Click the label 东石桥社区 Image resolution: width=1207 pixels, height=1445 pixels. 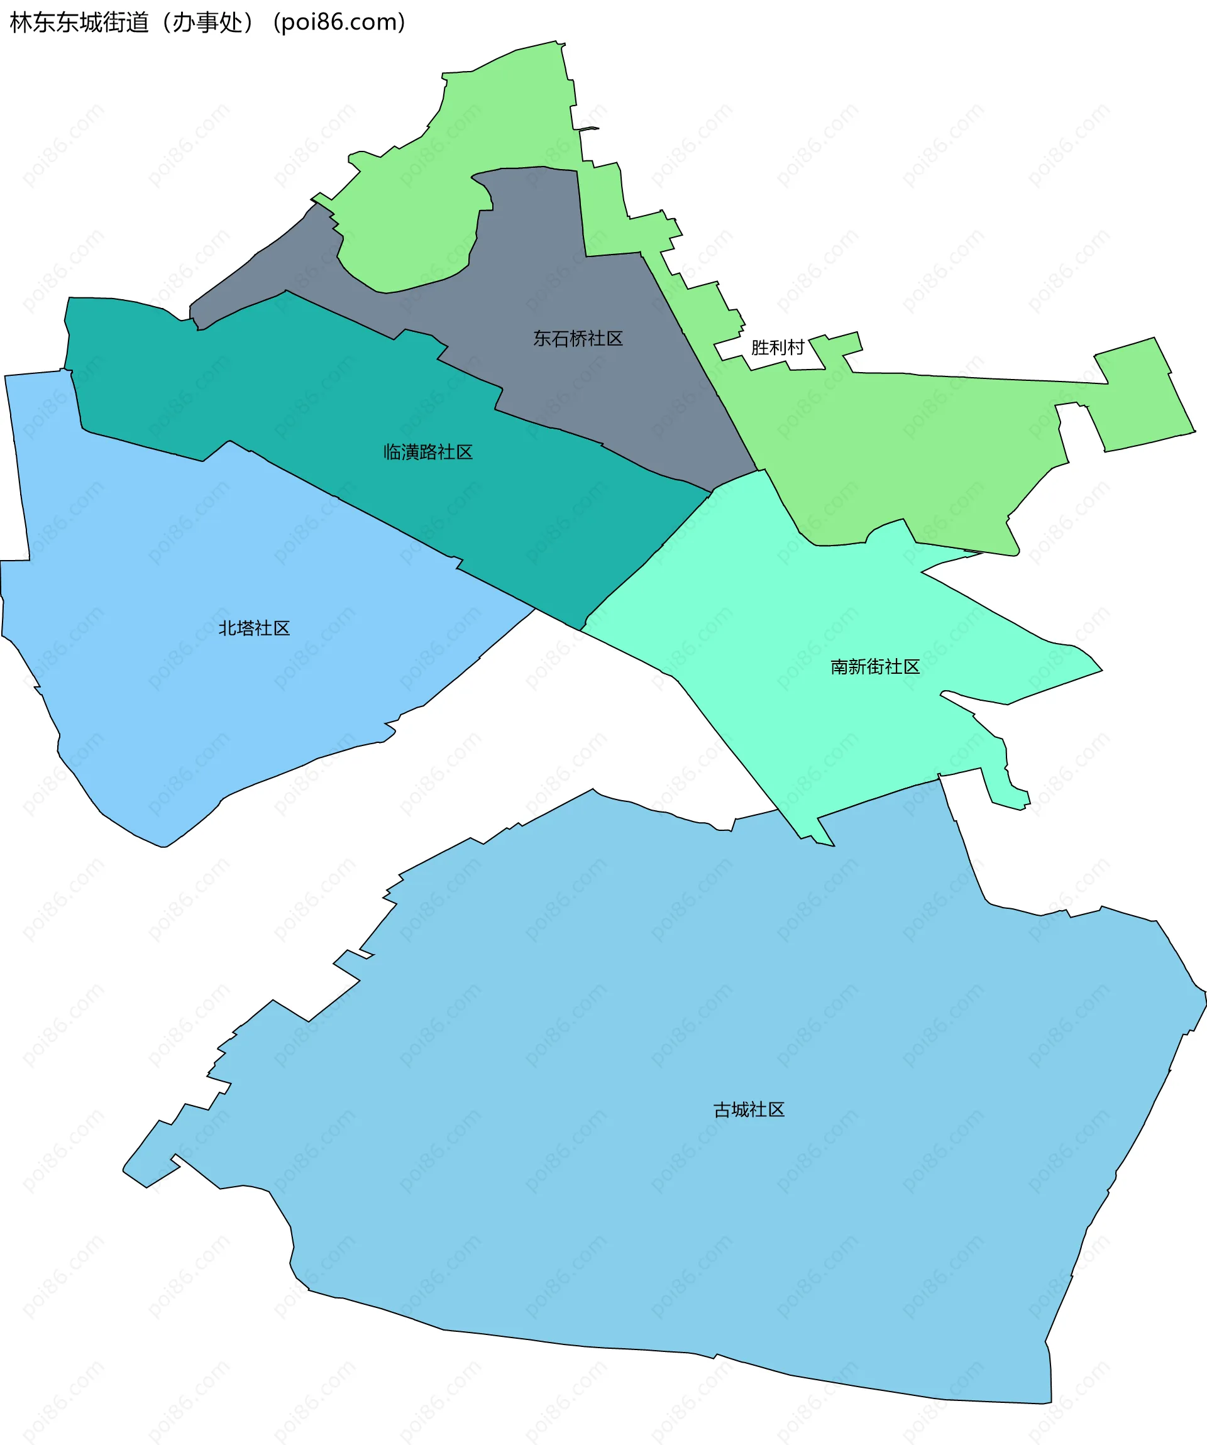click(x=578, y=339)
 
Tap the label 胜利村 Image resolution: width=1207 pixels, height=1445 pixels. click(x=778, y=348)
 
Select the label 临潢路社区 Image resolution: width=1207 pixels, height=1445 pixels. click(x=428, y=452)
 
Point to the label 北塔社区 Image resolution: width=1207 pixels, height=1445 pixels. click(x=254, y=629)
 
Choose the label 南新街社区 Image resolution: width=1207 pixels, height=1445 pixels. click(x=875, y=667)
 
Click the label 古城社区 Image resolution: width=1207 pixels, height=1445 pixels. click(x=749, y=1110)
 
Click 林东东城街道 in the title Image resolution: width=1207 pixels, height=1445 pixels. click(x=79, y=23)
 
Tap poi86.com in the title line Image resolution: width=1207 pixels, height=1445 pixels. click(x=339, y=23)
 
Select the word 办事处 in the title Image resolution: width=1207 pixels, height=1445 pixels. click(x=207, y=23)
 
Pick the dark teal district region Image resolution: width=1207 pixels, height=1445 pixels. click(x=344, y=399)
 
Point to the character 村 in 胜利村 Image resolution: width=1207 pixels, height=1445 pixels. click(x=795, y=348)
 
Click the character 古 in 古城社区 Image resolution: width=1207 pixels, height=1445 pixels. click(x=722, y=1110)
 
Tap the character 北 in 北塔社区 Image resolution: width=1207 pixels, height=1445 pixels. click(x=227, y=629)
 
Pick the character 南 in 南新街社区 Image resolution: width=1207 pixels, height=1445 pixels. click(x=839, y=667)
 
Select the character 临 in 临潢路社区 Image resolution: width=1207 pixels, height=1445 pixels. click(x=392, y=452)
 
